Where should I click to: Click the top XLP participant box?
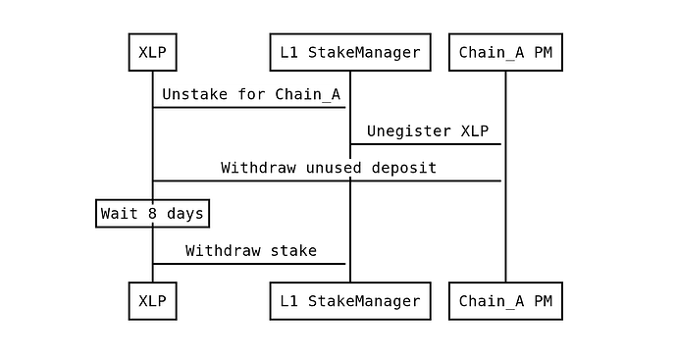pyautogui.click(x=152, y=52)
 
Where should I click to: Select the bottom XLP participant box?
pyautogui.click(x=152, y=301)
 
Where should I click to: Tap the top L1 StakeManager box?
pyautogui.click(x=350, y=52)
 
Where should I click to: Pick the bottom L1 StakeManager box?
pyautogui.click(x=350, y=301)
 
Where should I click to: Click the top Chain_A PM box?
pyautogui.click(x=505, y=52)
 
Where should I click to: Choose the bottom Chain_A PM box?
pyautogui.click(x=505, y=301)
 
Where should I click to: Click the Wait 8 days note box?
pyautogui.click(x=152, y=213)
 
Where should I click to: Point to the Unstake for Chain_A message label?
pyautogui.click(x=251, y=94)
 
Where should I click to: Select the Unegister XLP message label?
pyautogui.click(x=428, y=131)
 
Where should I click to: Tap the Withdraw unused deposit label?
pyautogui.click(x=329, y=168)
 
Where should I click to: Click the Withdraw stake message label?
pyautogui.click(x=251, y=251)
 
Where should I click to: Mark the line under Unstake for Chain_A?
pyautogui.click(x=249, y=107)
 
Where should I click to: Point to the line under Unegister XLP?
pyautogui.click(x=426, y=144)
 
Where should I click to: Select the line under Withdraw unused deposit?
pyautogui.click(x=327, y=180)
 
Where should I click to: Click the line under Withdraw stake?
pyautogui.click(x=249, y=263)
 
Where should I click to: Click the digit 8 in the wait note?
pyautogui.click(x=152, y=213)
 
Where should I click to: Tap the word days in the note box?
pyautogui.click(x=185, y=214)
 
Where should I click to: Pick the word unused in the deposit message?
pyautogui.click(x=334, y=168)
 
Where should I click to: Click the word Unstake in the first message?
pyautogui.click(x=194, y=94)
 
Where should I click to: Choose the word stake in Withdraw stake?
pyautogui.click(x=293, y=251)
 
